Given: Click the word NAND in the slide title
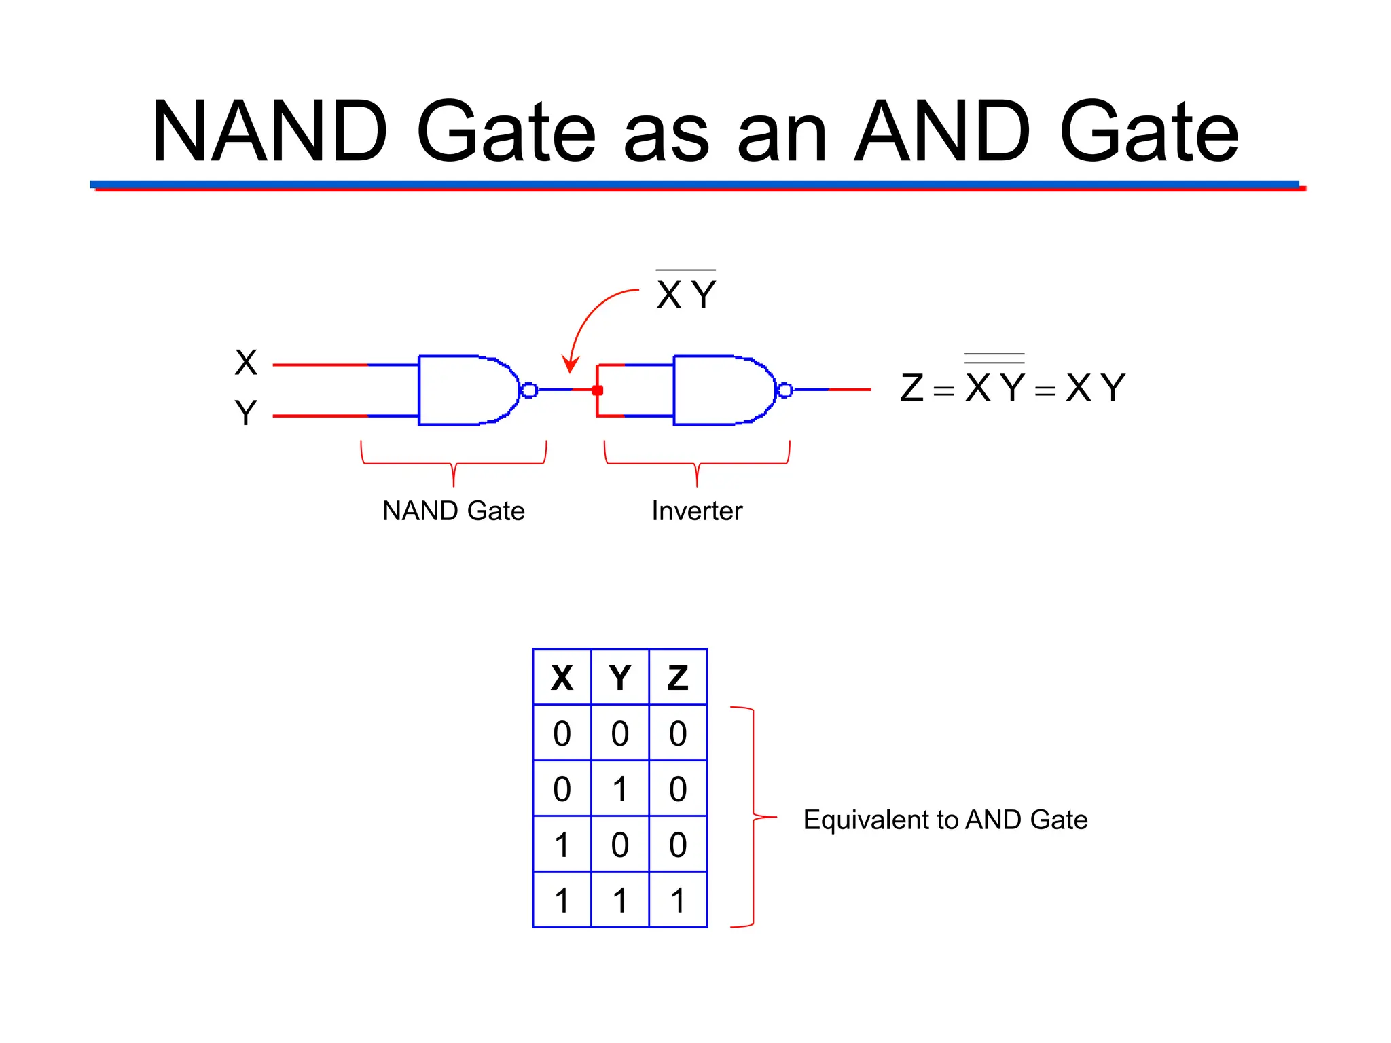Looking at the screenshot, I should [x=270, y=132].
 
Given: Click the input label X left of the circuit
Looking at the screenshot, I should [x=246, y=363].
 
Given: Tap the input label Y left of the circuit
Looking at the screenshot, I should [x=246, y=413].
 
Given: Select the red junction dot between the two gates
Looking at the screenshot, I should [x=598, y=390].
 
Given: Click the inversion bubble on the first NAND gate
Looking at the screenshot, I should [x=529, y=390].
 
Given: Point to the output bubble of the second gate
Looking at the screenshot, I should [x=784, y=390].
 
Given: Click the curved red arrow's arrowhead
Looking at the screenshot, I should [x=571, y=365].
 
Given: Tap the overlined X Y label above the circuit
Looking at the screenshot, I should [x=686, y=294].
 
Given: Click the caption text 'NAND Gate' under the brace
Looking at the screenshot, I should [x=454, y=511].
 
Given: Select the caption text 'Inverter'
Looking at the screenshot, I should [x=697, y=511].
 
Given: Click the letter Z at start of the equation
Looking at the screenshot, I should [x=911, y=388].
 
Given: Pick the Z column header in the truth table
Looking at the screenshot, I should [x=678, y=678].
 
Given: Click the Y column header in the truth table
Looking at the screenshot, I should [x=620, y=678].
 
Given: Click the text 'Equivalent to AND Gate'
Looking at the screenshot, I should [x=945, y=820].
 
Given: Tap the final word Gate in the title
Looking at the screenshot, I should [x=1149, y=132].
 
